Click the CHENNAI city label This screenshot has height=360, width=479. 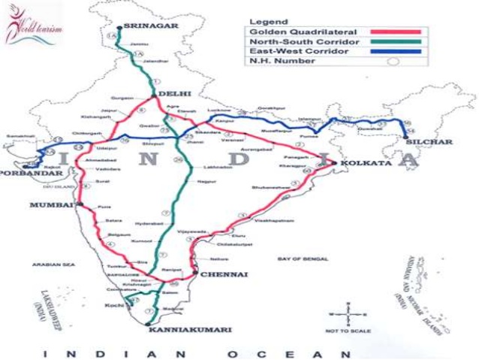point(223,275)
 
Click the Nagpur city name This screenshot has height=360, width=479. point(197,181)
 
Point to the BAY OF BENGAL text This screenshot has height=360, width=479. point(303,259)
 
